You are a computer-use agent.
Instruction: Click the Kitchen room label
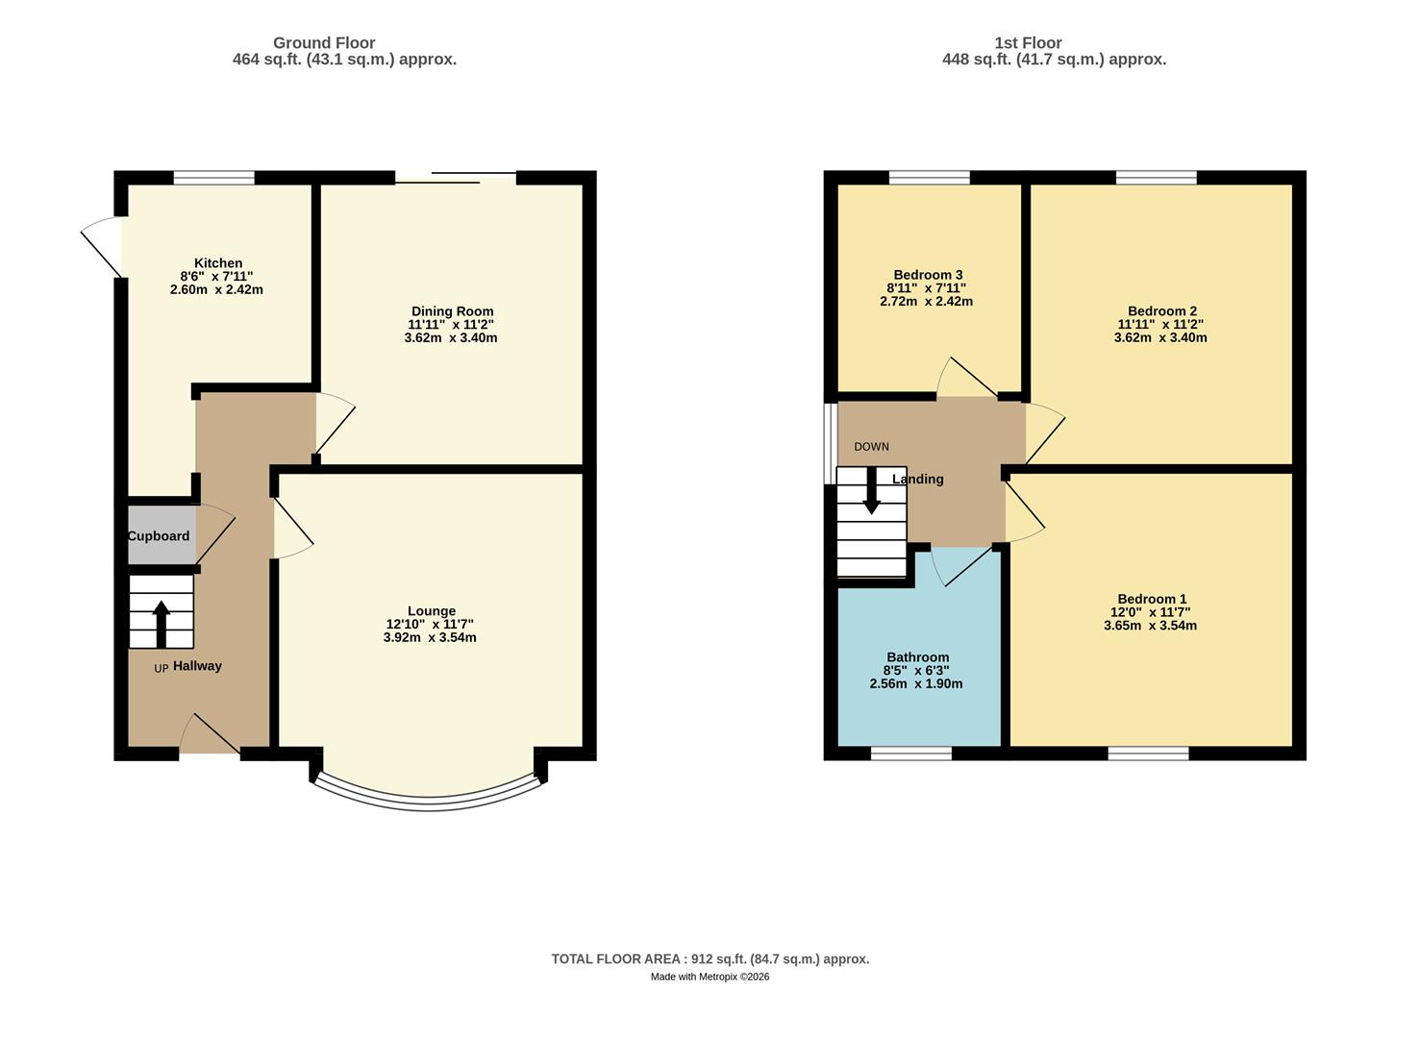(218, 263)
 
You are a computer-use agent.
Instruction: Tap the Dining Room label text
(452, 311)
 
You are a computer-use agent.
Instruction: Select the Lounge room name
(431, 611)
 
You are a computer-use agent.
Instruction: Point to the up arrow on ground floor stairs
(161, 623)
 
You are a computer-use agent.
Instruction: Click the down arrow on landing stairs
(871, 491)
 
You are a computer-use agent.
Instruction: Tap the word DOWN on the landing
(871, 447)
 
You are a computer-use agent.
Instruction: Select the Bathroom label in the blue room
(917, 657)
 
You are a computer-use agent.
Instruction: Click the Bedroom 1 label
(1151, 599)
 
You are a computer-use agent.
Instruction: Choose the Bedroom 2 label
(1161, 311)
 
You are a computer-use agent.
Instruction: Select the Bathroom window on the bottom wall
(910, 754)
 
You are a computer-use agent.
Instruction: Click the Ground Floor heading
(324, 43)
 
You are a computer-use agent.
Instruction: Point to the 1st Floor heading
(1028, 43)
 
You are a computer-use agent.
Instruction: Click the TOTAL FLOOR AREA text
(710, 959)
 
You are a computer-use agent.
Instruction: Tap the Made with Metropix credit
(710, 977)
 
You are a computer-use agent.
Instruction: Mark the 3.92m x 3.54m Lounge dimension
(430, 638)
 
